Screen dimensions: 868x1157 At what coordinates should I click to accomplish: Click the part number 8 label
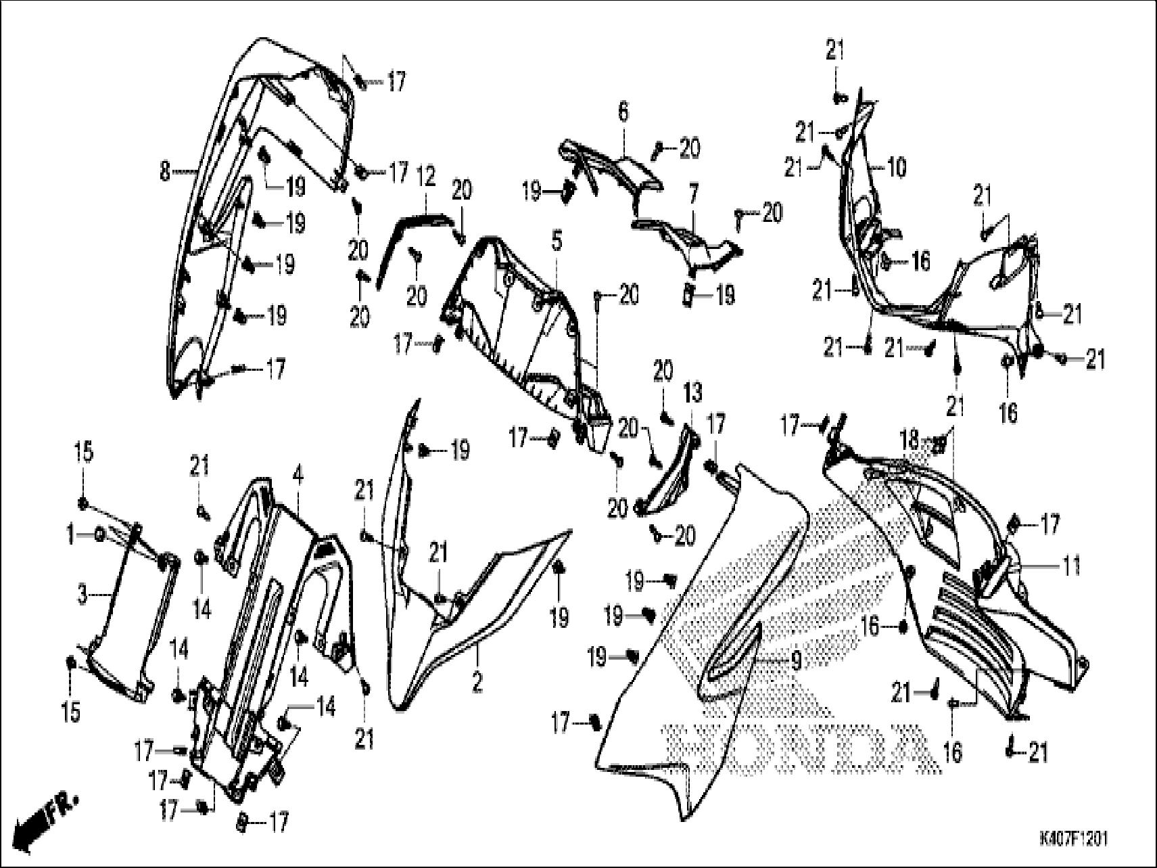(165, 173)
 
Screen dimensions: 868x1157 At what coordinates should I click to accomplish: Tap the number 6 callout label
(623, 112)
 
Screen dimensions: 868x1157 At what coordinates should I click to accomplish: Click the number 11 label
(1069, 566)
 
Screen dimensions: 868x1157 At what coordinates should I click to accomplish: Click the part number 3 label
(83, 595)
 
